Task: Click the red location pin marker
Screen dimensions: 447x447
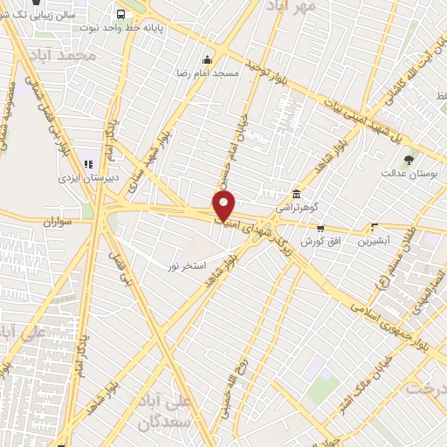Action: (x=224, y=205)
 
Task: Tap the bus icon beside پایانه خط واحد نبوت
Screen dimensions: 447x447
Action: (x=120, y=14)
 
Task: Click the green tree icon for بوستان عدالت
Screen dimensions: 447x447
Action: (x=409, y=160)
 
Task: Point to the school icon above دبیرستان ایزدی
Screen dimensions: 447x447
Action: (x=88, y=163)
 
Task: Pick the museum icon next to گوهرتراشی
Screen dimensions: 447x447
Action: (x=297, y=194)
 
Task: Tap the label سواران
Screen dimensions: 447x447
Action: (x=58, y=223)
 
